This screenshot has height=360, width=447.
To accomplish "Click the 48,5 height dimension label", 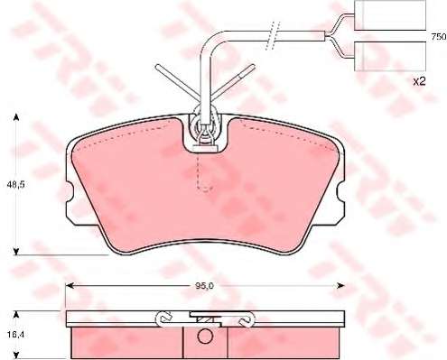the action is click(x=15, y=185).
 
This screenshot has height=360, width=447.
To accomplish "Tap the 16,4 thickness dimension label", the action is click(x=15, y=334).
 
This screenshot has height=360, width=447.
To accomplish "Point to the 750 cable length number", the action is click(x=439, y=37).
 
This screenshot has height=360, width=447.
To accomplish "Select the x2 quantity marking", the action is click(x=419, y=81).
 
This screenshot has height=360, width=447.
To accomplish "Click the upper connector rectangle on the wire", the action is click(x=390, y=15).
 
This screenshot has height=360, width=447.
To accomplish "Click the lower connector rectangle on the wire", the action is click(x=390, y=56).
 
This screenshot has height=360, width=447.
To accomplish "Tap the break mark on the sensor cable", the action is click(x=273, y=35).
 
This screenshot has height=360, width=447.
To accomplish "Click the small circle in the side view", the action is click(x=205, y=336).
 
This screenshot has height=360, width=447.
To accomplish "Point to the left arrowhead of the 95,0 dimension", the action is click(x=70, y=286).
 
